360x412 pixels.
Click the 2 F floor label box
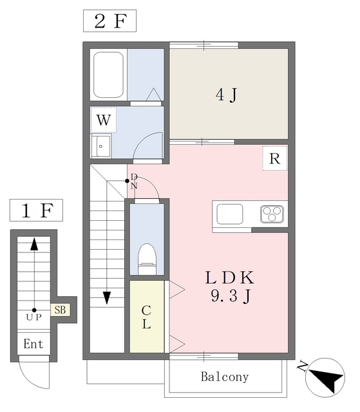109,21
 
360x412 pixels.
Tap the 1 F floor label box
36,211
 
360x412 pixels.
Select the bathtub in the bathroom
109,75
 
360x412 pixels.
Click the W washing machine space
104,120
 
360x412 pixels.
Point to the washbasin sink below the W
101,146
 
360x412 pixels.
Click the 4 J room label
227,95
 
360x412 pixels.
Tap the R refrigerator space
274,158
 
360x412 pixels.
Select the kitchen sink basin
230,214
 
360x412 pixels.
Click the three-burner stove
272,214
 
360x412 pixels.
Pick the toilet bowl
147,259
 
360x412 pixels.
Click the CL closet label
146,317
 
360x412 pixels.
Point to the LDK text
230,278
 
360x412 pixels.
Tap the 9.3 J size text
230,296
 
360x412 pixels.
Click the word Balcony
225,377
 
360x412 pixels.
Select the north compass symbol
325,377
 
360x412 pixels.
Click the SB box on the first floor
60,310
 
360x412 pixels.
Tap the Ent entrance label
33,344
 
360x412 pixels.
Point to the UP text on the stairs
34,317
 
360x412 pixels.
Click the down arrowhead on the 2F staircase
107,298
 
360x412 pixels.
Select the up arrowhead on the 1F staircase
34,244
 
